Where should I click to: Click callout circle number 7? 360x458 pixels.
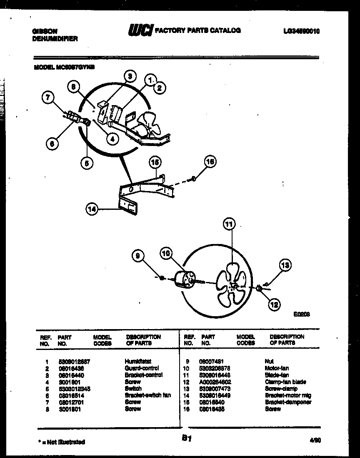pos(48,98)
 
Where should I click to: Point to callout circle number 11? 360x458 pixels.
pos(229,224)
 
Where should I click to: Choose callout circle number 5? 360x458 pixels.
pos(87,163)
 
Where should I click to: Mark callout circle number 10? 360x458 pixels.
pos(166,253)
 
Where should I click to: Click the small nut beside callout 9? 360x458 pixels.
pos(162,277)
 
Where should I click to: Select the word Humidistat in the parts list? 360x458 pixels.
pos(138,361)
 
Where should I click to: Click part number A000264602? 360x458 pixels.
pos(215,382)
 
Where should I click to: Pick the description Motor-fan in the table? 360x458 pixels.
pos(277,368)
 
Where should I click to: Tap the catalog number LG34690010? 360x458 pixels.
pos(301,30)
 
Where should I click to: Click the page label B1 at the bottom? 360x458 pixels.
pos(186,438)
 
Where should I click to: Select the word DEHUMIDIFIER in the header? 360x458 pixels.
pos(55,38)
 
